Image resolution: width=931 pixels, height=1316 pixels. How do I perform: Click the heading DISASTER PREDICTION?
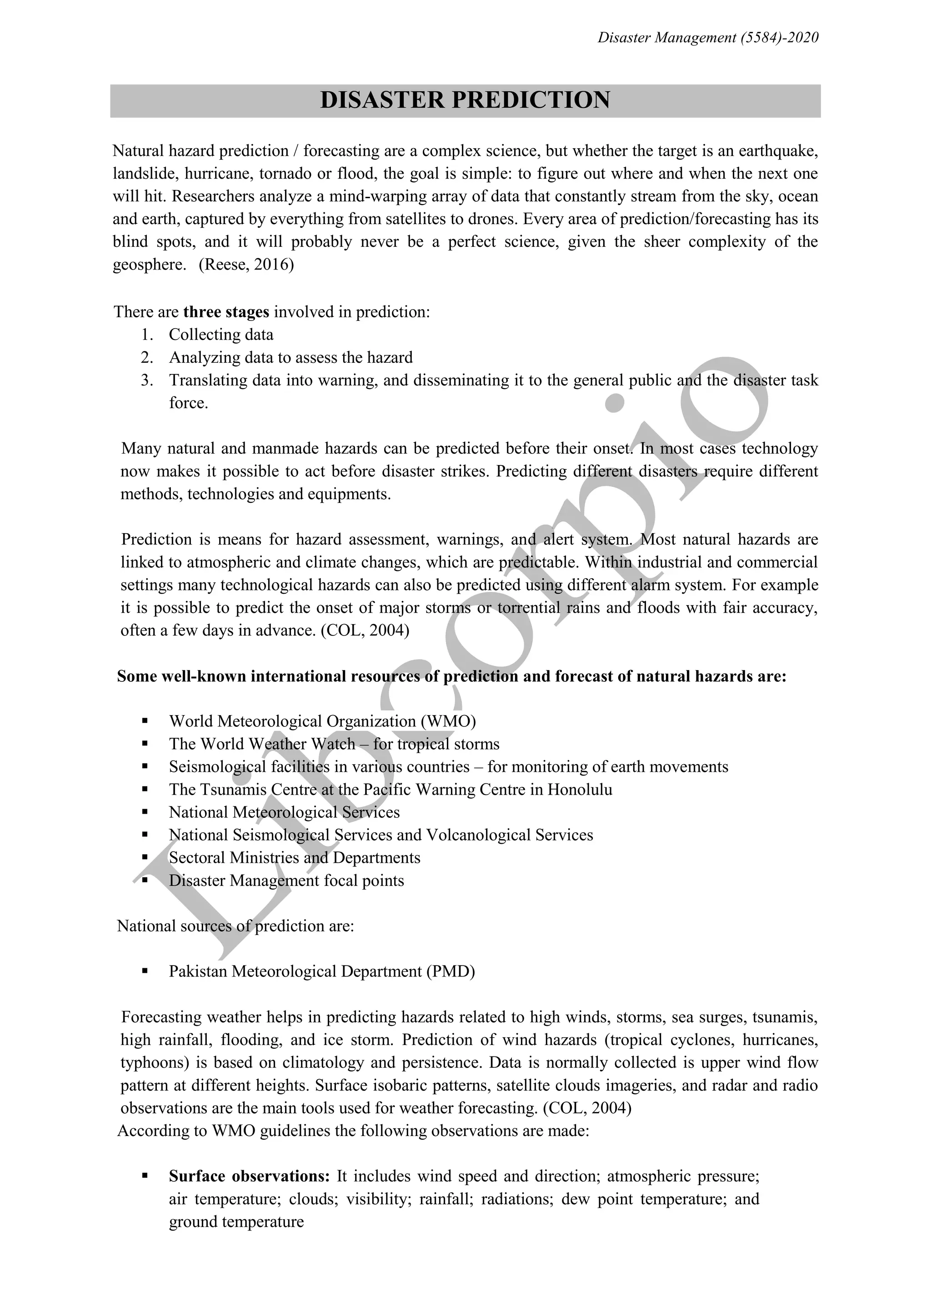(x=465, y=100)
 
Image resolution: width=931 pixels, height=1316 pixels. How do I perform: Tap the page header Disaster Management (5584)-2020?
(x=708, y=38)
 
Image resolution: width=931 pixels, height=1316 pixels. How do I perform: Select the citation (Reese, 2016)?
(x=246, y=265)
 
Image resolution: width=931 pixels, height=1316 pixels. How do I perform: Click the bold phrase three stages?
(x=226, y=312)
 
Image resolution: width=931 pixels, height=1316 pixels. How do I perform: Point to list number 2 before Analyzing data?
(x=147, y=358)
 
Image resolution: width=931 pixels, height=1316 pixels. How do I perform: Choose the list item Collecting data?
(x=221, y=335)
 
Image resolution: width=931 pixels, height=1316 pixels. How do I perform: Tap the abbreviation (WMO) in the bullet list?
(x=448, y=721)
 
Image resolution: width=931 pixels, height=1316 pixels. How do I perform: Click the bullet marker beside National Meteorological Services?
(x=145, y=812)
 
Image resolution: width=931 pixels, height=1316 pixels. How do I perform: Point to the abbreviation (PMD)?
(x=450, y=971)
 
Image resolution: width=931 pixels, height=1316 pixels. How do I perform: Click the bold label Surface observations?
(x=249, y=1176)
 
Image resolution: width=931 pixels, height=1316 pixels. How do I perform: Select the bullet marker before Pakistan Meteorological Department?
(x=145, y=971)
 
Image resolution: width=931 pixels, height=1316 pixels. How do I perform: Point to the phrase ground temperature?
(x=236, y=1222)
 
